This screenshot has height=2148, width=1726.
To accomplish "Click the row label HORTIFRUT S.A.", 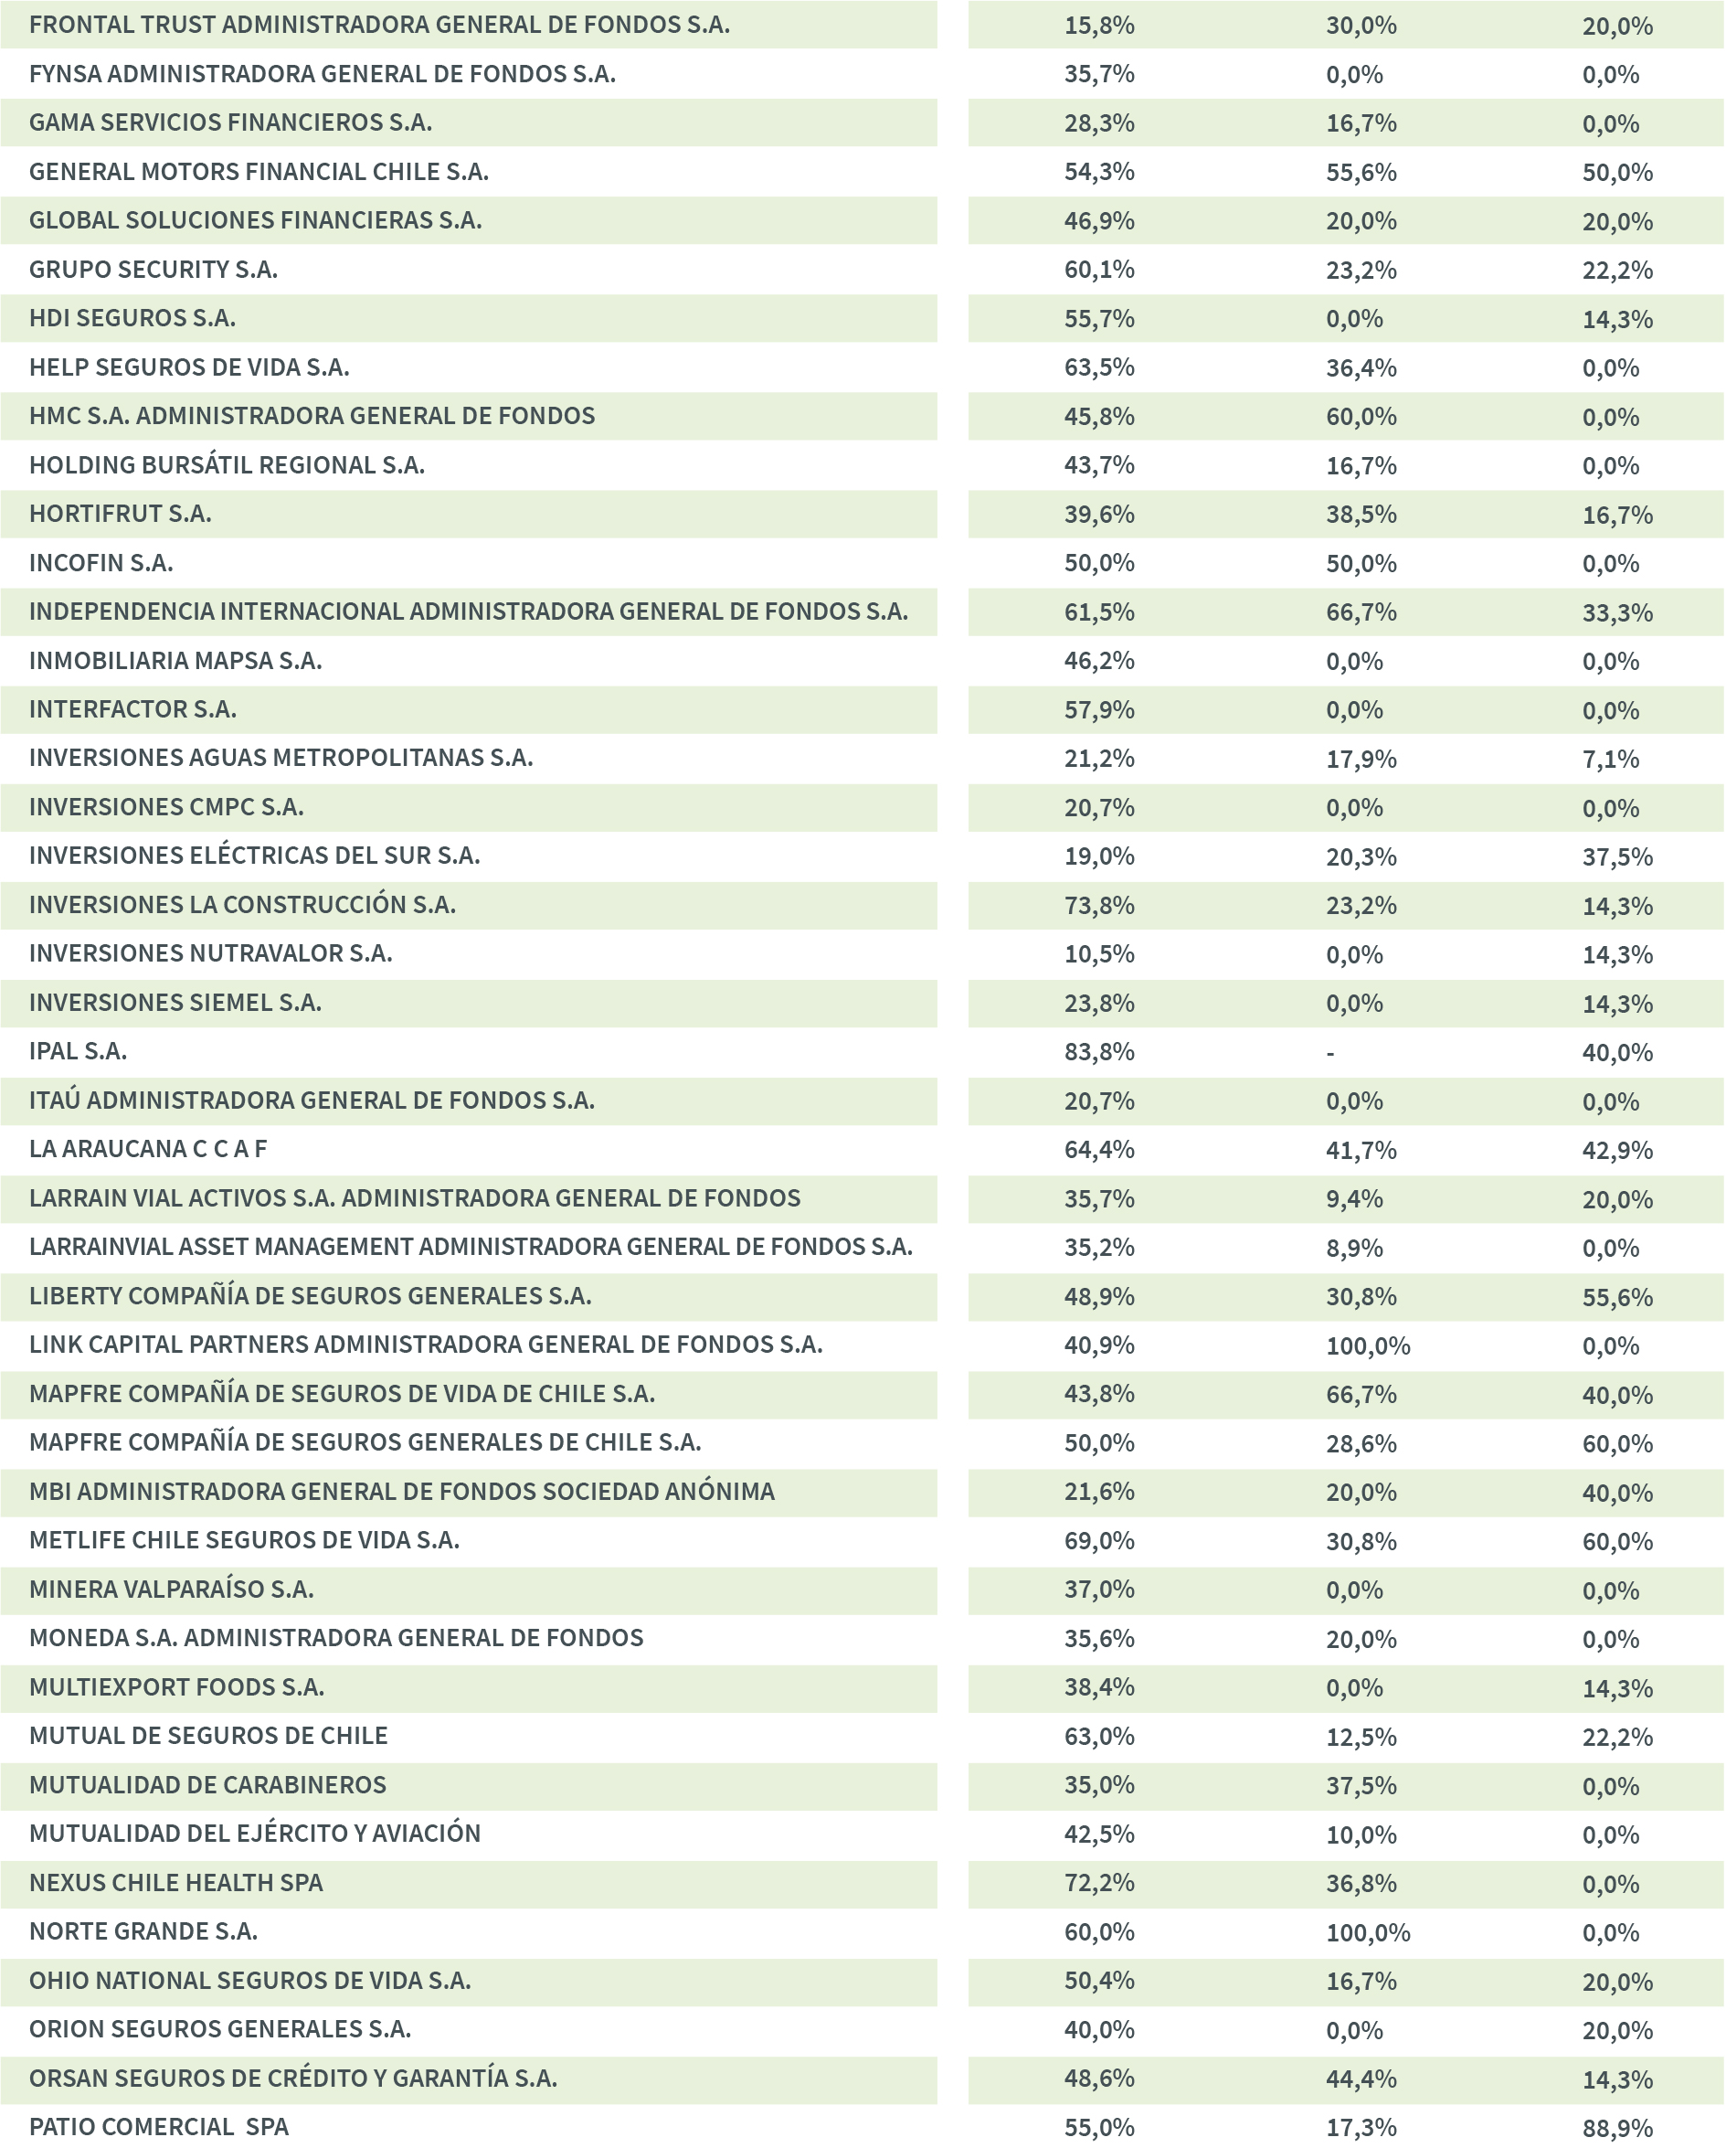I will [121, 514].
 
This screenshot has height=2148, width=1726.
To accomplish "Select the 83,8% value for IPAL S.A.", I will [1098, 1052].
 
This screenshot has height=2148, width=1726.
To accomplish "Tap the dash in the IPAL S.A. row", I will [1329, 1053].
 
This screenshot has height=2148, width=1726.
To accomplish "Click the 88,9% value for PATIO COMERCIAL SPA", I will [1617, 2128].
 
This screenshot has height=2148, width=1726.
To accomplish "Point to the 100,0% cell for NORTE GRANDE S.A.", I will [1368, 1933].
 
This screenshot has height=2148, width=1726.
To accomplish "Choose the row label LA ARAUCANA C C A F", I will [148, 1150].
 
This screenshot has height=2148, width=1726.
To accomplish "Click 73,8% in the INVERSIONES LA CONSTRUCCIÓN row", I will [1098, 906].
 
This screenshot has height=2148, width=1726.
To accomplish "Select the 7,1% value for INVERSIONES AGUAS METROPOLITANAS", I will [1611, 760].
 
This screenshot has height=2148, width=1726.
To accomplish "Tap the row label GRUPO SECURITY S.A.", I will [154, 270].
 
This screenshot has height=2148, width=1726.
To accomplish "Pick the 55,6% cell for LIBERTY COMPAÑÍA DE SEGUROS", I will [1617, 1297].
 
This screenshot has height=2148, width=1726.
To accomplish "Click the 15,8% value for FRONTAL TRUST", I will [1098, 26].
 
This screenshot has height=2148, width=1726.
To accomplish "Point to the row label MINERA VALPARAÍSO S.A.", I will [171, 1590].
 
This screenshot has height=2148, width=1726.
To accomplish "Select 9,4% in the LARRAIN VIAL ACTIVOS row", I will [1353, 1199].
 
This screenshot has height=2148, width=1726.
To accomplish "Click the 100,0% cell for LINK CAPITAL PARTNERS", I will [1368, 1346].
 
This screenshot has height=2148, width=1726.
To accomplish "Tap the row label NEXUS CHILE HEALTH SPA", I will [176, 1883].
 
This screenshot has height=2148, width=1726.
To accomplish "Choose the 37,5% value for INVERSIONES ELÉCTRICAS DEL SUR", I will [1617, 856].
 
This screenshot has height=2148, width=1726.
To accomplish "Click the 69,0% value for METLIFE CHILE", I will [1098, 1541].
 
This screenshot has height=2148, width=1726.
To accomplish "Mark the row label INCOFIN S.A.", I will [101, 563].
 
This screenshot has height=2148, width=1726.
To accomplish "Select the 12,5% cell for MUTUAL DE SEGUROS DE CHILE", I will [1361, 1737].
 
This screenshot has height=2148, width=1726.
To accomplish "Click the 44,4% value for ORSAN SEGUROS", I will [1361, 2079].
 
